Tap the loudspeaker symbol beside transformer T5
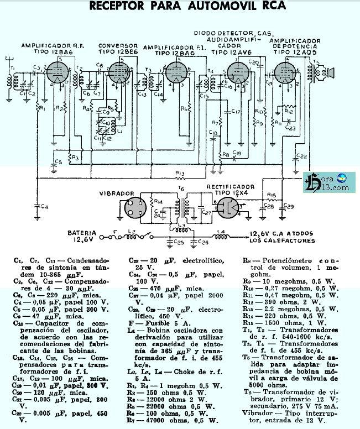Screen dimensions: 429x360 pos(331,73)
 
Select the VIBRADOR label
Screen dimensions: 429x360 pos(117,194)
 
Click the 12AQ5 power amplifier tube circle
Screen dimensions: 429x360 pos(286,74)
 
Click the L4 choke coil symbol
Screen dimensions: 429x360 pos(222,237)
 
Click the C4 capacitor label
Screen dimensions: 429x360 pos(45,206)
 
